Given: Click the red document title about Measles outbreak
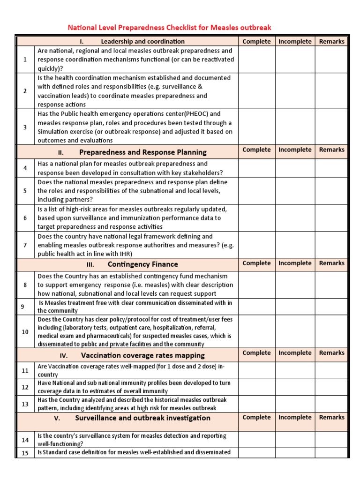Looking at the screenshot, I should [x=170, y=28].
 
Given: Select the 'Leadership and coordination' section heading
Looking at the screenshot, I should [x=142, y=41].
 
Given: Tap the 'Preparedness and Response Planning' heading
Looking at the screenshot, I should [x=142, y=152].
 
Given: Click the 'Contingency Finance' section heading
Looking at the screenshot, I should [x=142, y=264].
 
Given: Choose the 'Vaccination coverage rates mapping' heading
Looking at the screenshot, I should [x=142, y=355].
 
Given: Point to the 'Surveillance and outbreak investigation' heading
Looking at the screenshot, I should [x=144, y=418].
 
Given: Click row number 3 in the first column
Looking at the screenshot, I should [x=25, y=127].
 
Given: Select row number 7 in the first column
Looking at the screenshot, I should [x=25, y=245].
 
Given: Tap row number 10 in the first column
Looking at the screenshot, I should [x=25, y=332].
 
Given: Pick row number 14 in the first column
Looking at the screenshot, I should [x=25, y=440].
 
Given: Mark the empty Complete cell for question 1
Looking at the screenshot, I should [x=256, y=59].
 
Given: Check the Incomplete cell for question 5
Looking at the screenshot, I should [x=295, y=191].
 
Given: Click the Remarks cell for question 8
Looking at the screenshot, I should [x=331, y=285].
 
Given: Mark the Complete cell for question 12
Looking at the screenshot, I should [x=256, y=387].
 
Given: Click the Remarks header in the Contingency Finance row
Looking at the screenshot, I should [x=331, y=263].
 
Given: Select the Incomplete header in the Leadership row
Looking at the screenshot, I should [x=295, y=41].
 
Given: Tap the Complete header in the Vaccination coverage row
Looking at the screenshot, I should [x=256, y=353].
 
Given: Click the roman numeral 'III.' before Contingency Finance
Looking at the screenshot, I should [x=90, y=264].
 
